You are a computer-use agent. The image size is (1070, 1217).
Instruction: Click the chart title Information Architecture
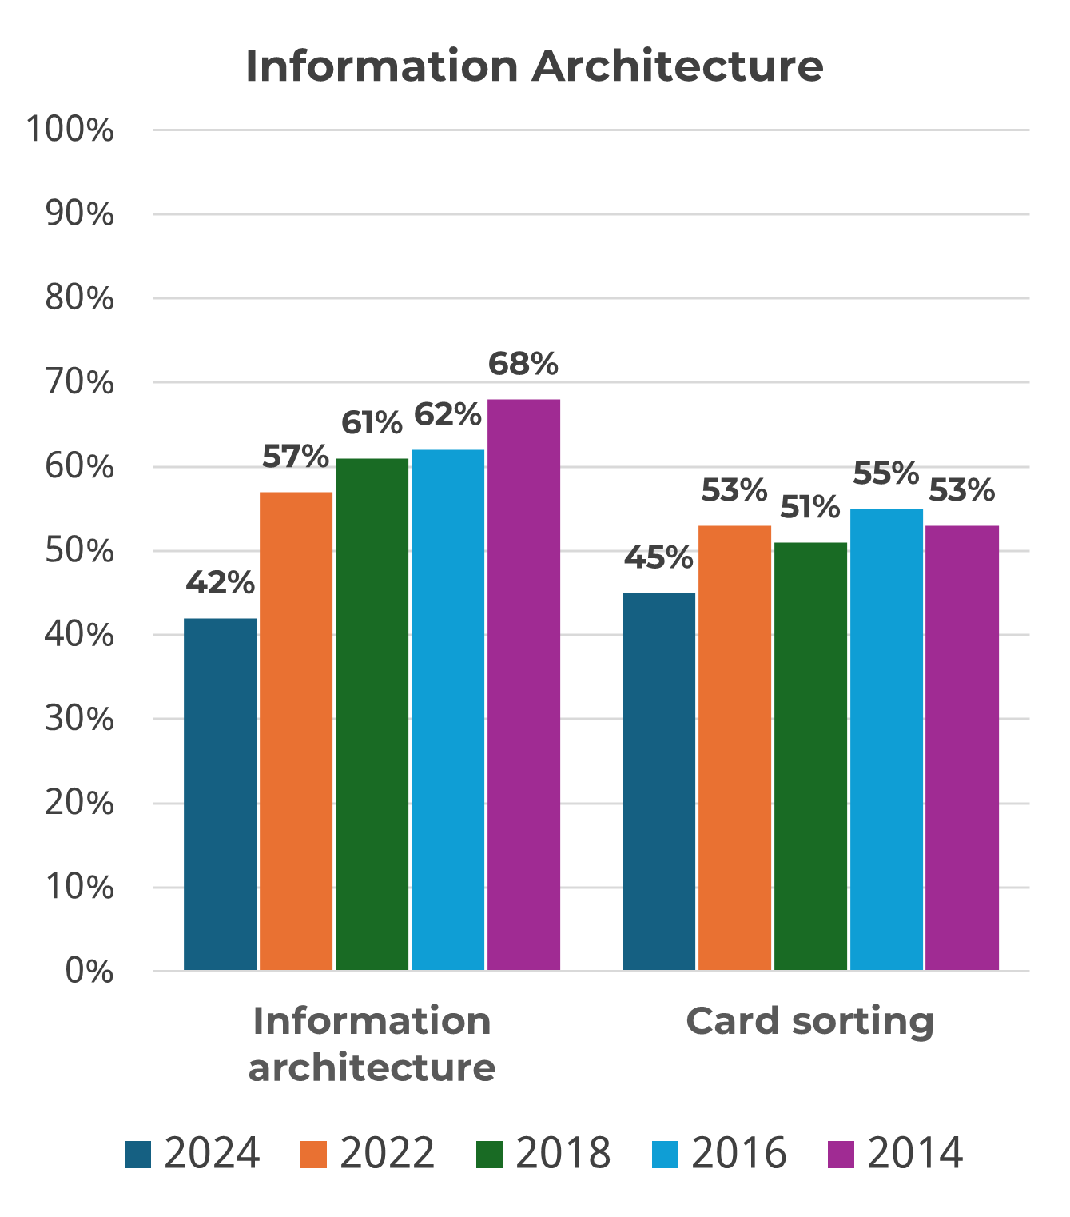tap(534, 66)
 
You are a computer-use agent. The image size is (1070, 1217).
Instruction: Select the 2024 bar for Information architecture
tap(220, 794)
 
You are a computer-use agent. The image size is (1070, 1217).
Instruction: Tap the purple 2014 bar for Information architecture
tap(523, 684)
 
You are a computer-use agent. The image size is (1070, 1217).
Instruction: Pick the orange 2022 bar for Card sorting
tap(734, 748)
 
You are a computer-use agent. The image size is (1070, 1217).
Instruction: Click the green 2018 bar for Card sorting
tap(810, 756)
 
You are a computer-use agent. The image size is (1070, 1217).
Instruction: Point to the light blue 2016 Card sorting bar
tap(886, 739)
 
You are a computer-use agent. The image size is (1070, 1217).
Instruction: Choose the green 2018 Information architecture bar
tap(372, 714)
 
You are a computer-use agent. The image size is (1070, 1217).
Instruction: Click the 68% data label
tap(523, 365)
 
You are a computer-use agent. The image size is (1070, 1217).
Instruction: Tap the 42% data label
tap(220, 583)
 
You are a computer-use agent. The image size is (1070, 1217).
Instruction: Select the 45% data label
tap(658, 558)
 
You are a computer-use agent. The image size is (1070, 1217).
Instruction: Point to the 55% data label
tap(886, 473)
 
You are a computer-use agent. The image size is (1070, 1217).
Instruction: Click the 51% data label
tap(810, 507)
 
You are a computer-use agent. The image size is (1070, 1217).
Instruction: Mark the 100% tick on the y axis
tap(70, 130)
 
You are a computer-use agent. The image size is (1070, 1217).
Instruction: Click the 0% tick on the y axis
tap(89, 972)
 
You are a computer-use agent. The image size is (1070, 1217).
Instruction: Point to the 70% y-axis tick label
tap(79, 383)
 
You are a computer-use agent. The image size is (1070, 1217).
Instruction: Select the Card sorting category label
tap(809, 1021)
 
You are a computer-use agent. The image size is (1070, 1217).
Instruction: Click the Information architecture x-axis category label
tap(372, 1044)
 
